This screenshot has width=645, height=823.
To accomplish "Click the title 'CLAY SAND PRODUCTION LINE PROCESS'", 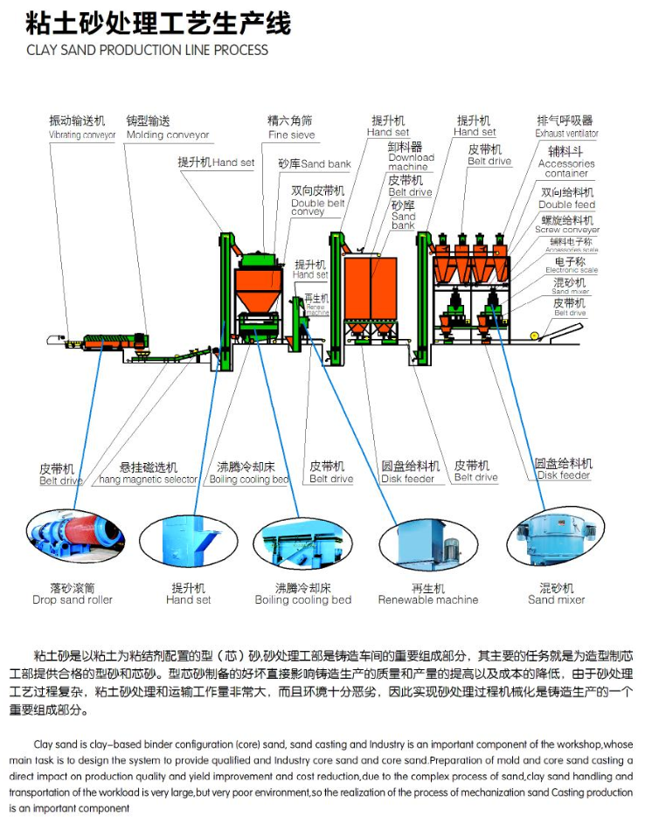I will tap(147, 50).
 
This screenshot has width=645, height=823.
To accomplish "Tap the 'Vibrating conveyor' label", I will tap(82, 135).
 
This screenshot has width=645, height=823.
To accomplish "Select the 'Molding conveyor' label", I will tap(168, 135).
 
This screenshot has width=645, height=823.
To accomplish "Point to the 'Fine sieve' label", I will tap(291, 135).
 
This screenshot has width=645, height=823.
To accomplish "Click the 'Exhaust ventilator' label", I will tap(566, 134).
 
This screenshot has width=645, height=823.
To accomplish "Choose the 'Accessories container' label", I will tap(565, 169).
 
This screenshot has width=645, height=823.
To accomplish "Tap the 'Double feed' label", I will tap(566, 204).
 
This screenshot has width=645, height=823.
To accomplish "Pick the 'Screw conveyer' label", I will tap(566, 230).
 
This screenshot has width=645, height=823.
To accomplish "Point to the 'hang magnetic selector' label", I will tap(148, 480).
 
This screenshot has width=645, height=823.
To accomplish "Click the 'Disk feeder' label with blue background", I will tap(563, 475).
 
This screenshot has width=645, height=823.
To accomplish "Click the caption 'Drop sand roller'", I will tap(73, 600).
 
